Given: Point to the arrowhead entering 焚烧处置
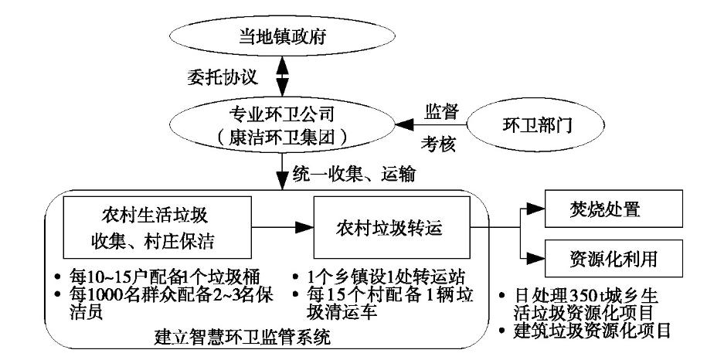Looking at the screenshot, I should (x=535, y=209).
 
